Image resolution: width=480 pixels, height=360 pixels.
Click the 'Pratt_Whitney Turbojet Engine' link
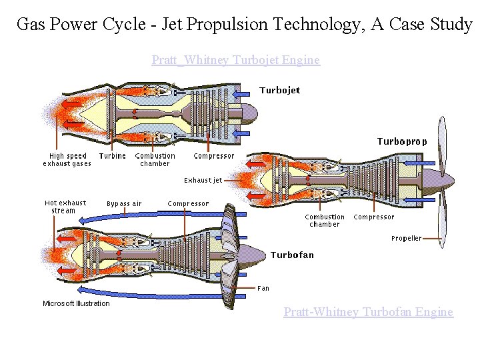pyautogui.click(x=235, y=60)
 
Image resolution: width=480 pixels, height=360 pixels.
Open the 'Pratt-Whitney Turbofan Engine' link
pyautogui.click(x=368, y=311)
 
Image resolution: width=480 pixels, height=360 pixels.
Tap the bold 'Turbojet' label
pyautogui.click(x=279, y=90)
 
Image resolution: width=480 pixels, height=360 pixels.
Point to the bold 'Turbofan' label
pyautogui.click(x=292, y=255)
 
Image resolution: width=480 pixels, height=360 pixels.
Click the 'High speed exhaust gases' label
pyautogui.click(x=67, y=160)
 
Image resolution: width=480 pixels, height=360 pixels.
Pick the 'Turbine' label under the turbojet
pyautogui.click(x=112, y=156)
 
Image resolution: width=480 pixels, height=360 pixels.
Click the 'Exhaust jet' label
pyautogui.click(x=203, y=180)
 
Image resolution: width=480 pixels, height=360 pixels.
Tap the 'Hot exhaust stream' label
pyautogui.click(x=65, y=207)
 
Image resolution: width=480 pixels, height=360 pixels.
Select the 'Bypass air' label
pyautogui.click(x=124, y=203)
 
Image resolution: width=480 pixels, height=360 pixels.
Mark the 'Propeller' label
pyautogui.click(x=406, y=238)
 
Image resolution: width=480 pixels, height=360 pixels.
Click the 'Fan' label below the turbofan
pyautogui.click(x=263, y=288)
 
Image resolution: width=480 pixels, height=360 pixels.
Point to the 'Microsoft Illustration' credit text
pyautogui.click(x=76, y=303)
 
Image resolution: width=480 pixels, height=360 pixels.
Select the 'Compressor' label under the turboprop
pyautogui.click(x=373, y=217)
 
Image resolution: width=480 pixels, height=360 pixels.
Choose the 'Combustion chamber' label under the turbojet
pyautogui.click(x=155, y=160)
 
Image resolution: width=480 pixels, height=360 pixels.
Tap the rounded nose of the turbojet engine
pyautogui.click(x=245, y=114)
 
